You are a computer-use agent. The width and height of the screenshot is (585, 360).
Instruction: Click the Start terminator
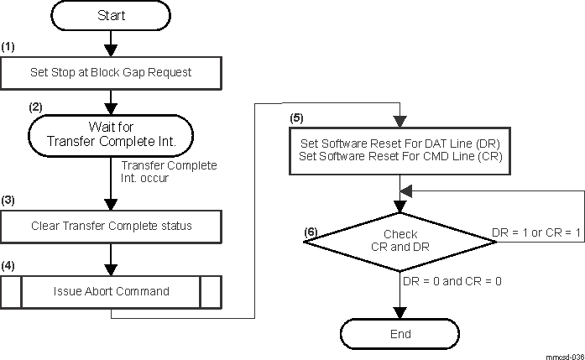(111, 17)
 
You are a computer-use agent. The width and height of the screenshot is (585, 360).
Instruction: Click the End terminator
(400, 334)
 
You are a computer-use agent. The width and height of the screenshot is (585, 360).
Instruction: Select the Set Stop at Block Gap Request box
(111, 72)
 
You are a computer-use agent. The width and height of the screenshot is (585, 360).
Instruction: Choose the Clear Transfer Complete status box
(111, 225)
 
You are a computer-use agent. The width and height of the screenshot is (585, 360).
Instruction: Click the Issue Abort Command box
(111, 291)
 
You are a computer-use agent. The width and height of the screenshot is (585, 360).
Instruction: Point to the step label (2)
(35, 107)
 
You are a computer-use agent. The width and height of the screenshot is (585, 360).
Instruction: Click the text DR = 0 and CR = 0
(452, 280)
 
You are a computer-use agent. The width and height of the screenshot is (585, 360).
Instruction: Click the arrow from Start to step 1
(111, 42)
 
